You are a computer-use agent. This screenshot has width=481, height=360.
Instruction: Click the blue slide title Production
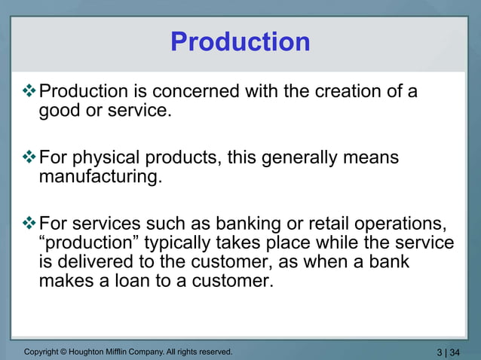pos(240,41)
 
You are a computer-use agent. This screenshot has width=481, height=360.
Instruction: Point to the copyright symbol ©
pos(66,351)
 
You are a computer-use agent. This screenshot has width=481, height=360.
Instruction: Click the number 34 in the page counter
pos(455,352)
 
